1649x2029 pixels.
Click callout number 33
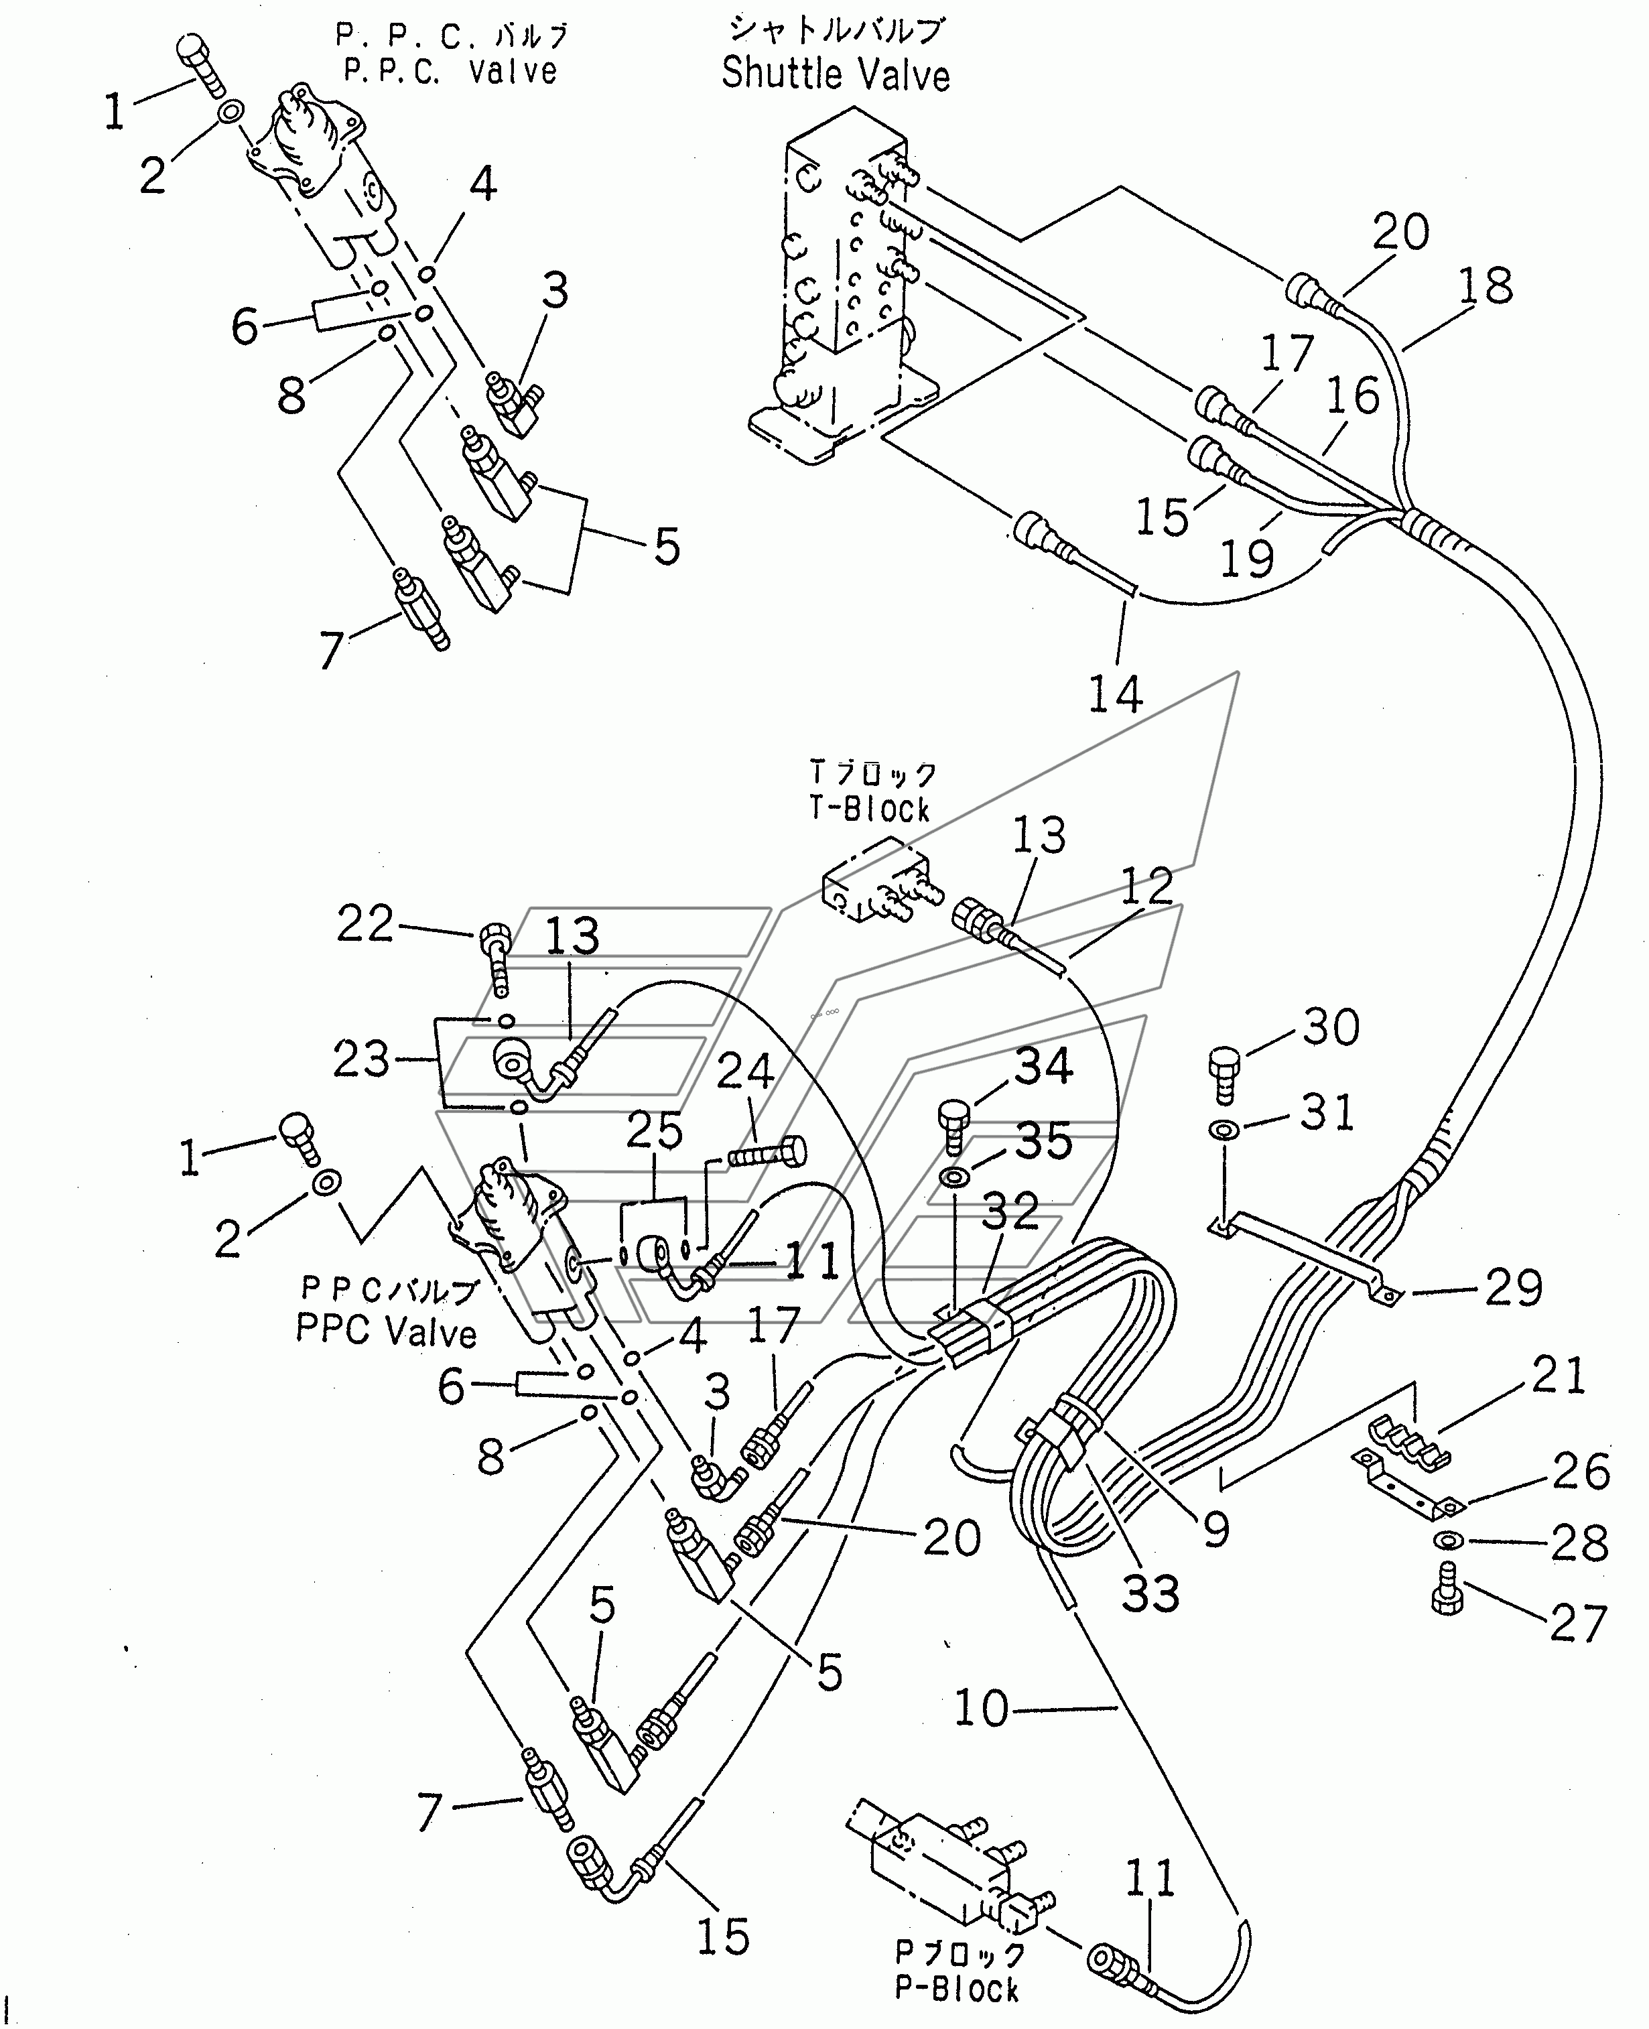[1150, 1593]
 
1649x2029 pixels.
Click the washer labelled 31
[1224, 1130]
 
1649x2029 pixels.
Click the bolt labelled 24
[767, 1155]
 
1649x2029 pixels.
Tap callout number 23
[362, 1059]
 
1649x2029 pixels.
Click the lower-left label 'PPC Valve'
[387, 1331]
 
